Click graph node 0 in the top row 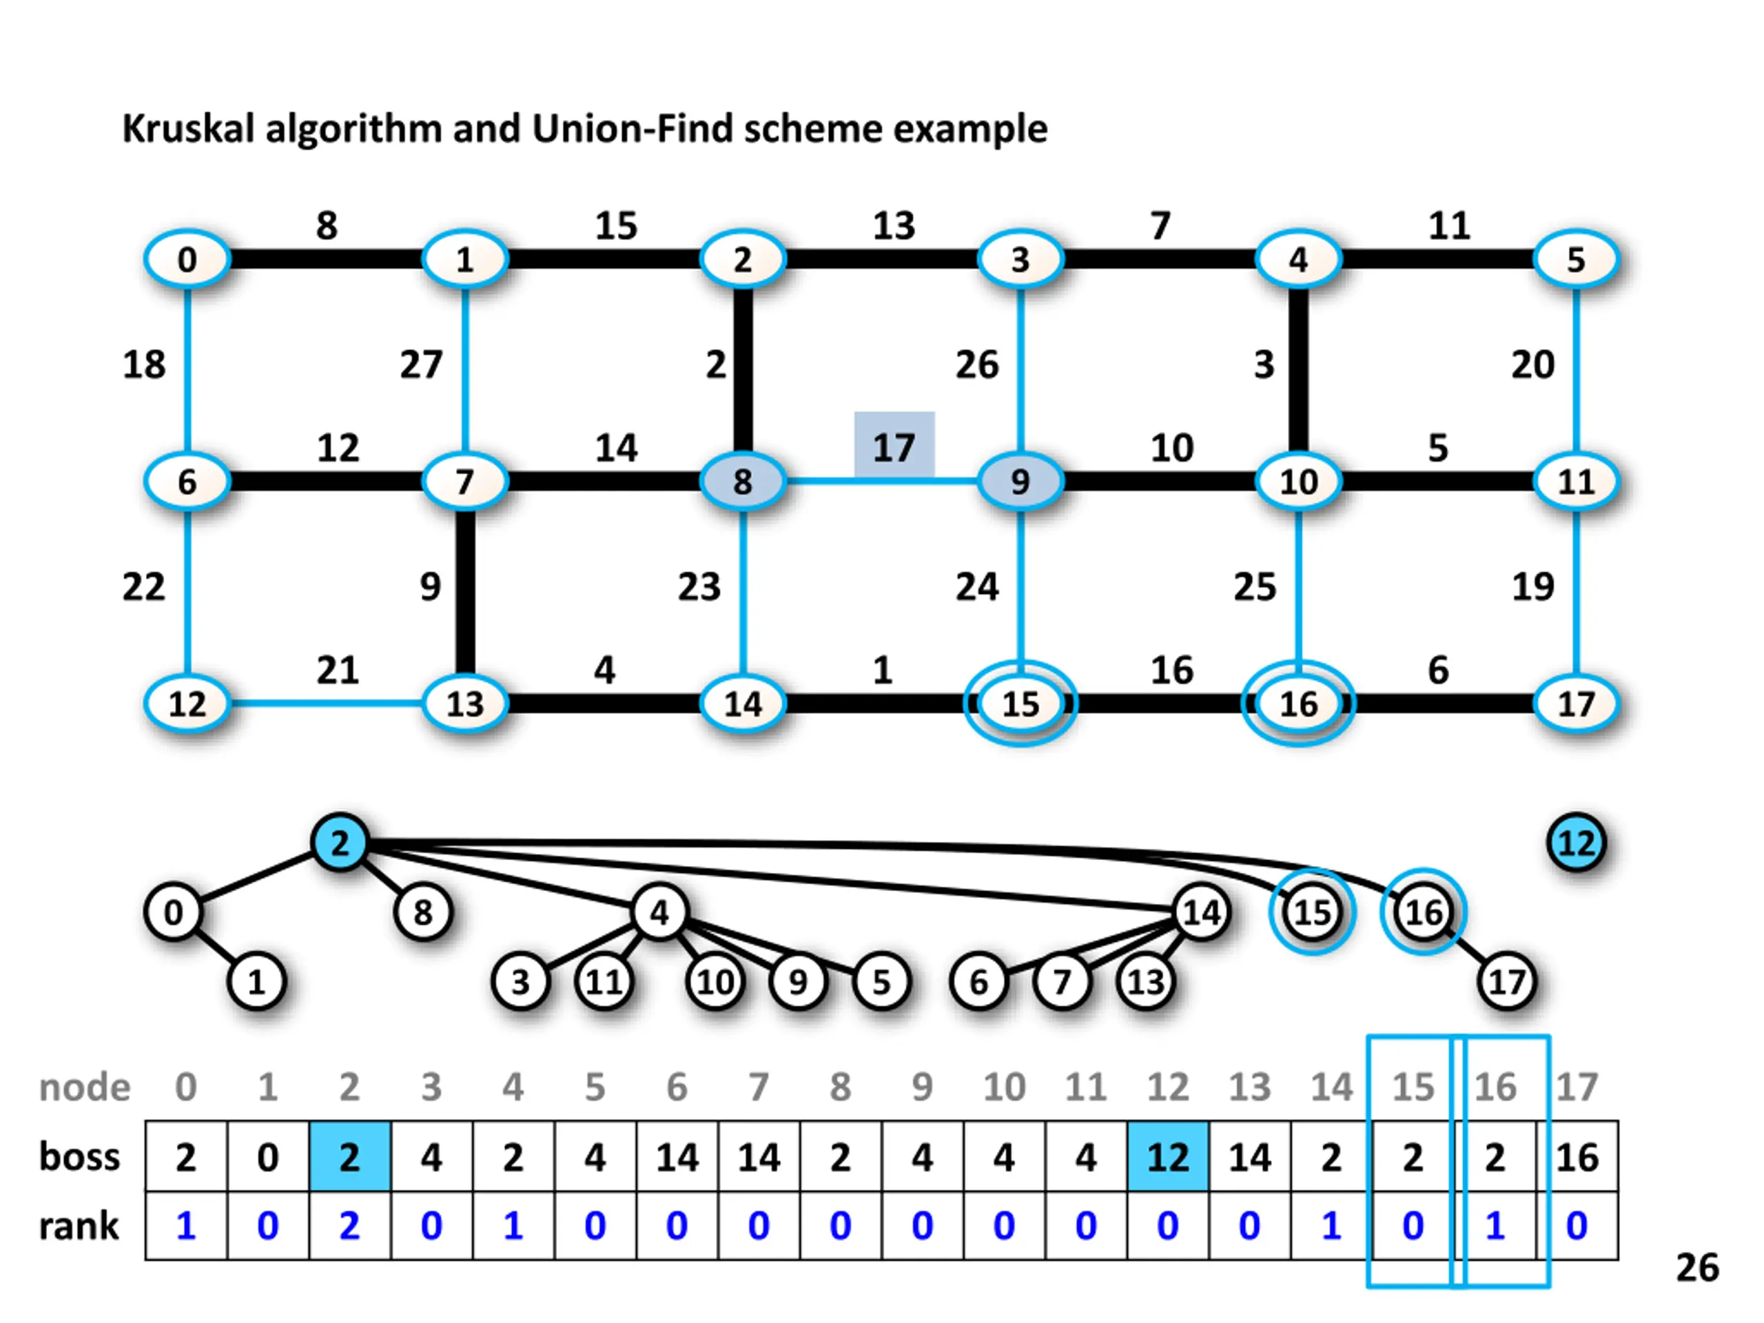pos(187,259)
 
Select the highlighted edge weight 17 pos(894,447)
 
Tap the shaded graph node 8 pos(742,482)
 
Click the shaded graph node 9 pos(1020,482)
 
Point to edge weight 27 pos(421,365)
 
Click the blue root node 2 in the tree pos(340,843)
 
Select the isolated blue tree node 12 pos(1576,843)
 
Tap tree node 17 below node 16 pos(1506,982)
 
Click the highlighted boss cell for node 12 pos(1167,1157)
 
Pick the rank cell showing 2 pos(349,1226)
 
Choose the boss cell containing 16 pos(1577,1157)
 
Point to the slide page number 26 pos(1697,1268)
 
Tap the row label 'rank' pos(79,1226)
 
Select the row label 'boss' pos(80,1156)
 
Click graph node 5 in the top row pos(1576,259)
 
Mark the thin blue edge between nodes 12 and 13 pos(326,704)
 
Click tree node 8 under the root pos(422,912)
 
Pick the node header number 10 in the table pos(1004,1087)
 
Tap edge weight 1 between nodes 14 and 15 pos(882,670)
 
